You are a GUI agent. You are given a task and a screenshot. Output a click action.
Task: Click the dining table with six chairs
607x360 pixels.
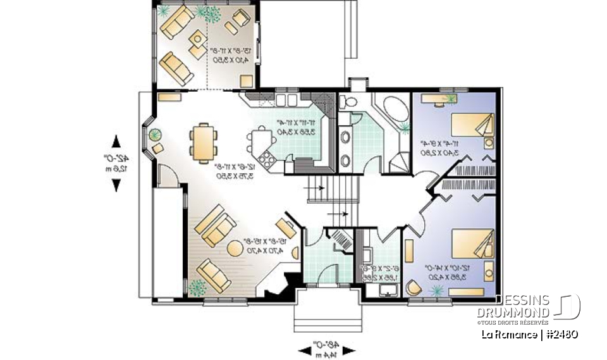tap(204, 142)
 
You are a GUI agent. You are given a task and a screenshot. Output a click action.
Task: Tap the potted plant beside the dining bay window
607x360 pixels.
tap(155, 134)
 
